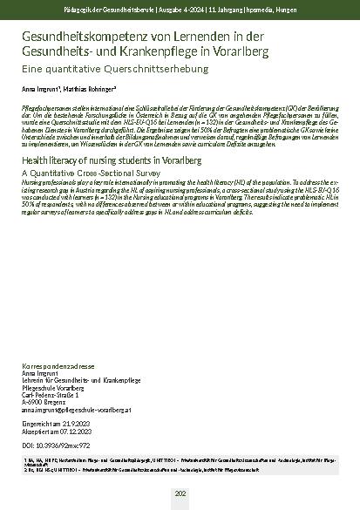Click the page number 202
click(x=180, y=493)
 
